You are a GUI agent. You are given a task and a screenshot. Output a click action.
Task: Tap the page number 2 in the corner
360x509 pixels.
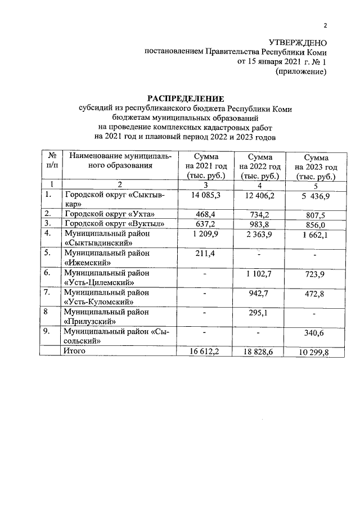click(x=325, y=25)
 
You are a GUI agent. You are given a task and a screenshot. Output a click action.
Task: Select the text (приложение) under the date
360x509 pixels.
click(x=300, y=71)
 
